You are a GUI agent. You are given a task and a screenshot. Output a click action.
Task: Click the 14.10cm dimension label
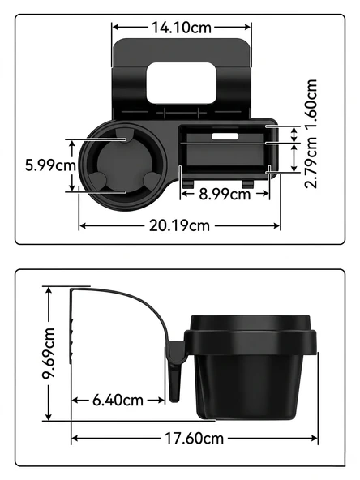[x=182, y=28]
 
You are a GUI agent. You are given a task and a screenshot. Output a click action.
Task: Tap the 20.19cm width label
[x=179, y=226]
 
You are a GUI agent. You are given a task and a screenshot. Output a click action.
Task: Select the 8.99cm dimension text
[x=225, y=194]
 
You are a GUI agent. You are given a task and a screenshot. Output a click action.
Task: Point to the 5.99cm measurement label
[x=50, y=165]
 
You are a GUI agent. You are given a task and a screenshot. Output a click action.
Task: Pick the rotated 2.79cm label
[x=311, y=162]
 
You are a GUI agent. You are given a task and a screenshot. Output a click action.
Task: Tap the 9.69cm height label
[x=49, y=354]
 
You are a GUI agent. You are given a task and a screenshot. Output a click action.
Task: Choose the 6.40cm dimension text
[x=118, y=400]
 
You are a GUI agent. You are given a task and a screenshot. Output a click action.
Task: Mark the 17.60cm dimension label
[x=195, y=438]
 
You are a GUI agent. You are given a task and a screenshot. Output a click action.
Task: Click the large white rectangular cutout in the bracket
[x=182, y=83]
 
